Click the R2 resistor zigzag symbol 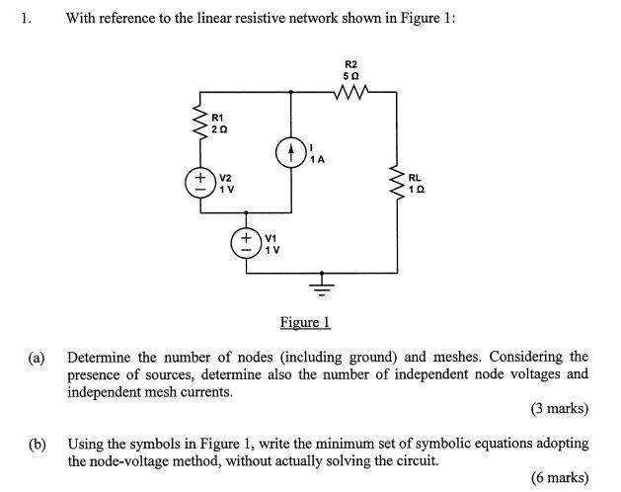[351, 93]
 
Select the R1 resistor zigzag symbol [199, 123]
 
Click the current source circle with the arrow [290, 153]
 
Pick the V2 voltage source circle [199, 183]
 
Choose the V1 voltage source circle [246, 243]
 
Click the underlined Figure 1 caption [304, 322]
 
